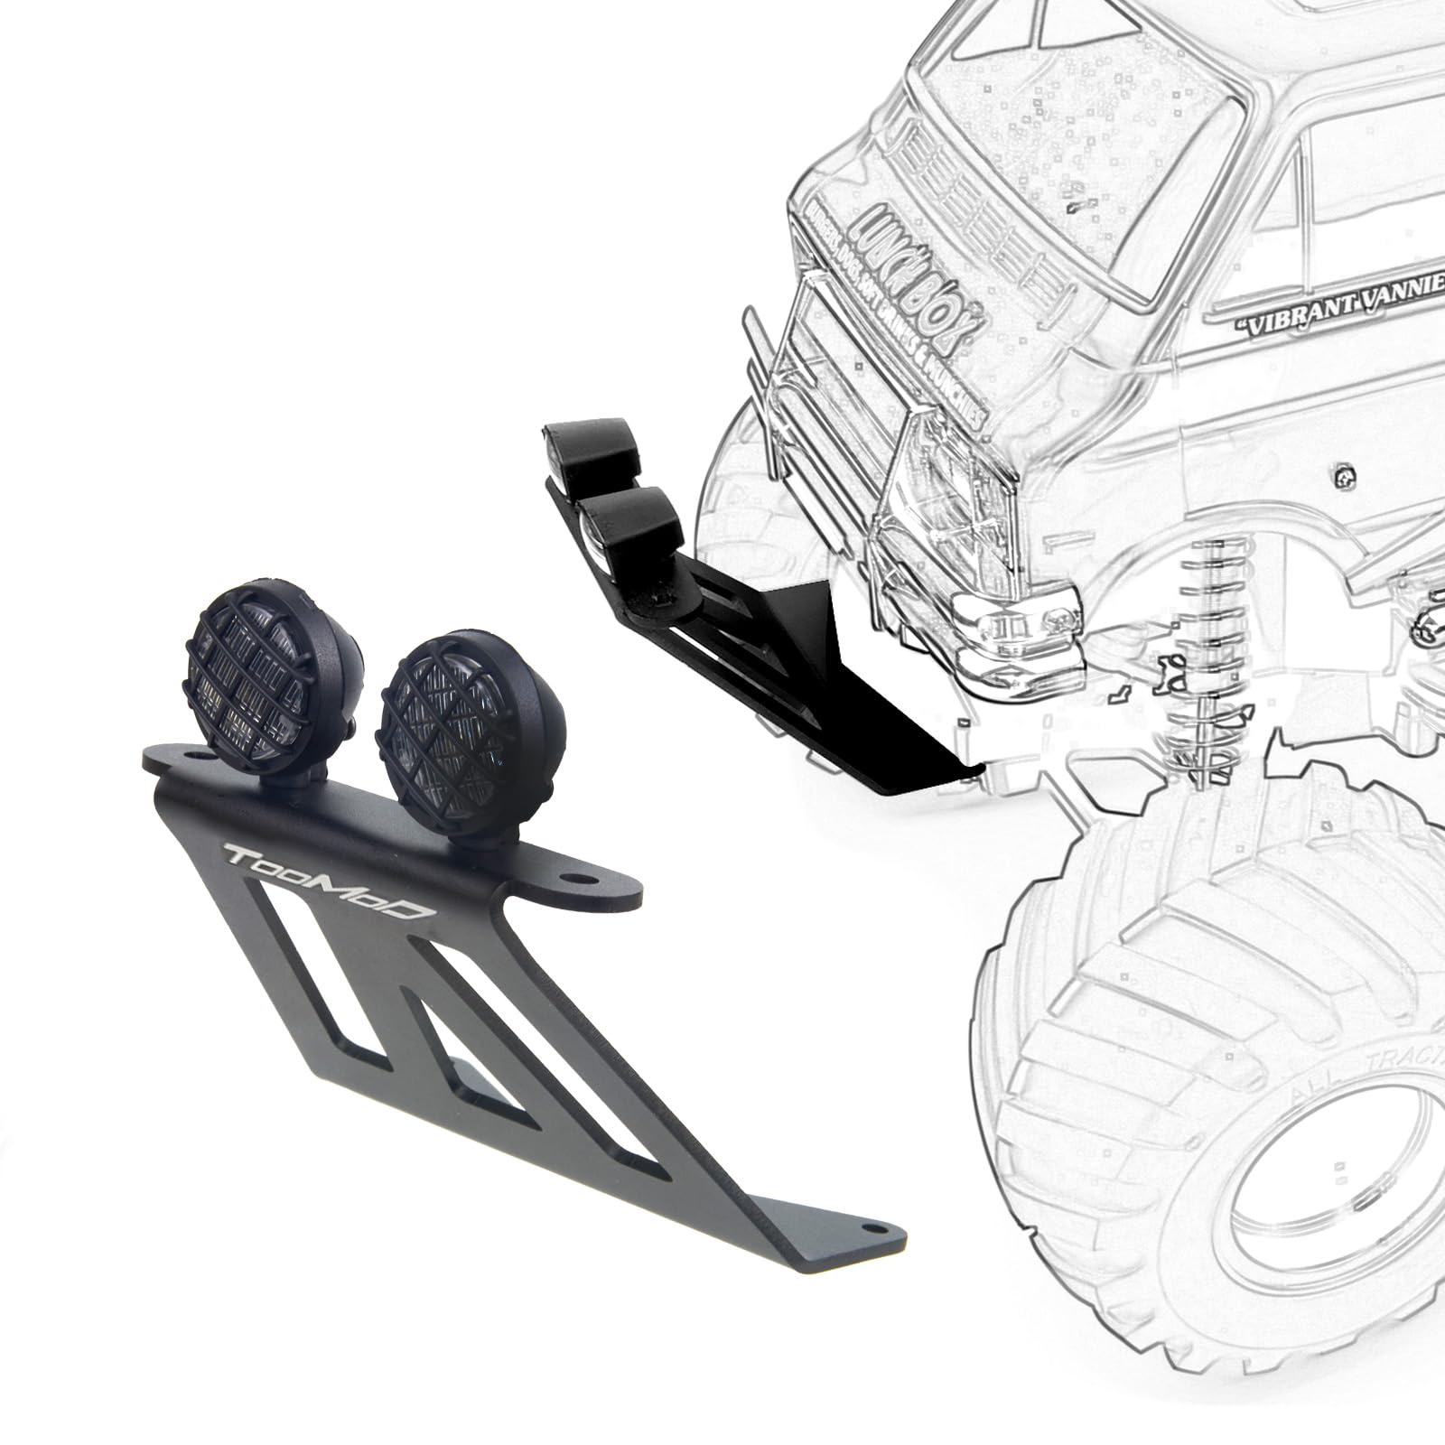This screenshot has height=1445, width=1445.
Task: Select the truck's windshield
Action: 1066,117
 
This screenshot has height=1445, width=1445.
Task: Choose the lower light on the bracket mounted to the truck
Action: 632,524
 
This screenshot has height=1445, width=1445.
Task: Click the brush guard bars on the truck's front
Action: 795,379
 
